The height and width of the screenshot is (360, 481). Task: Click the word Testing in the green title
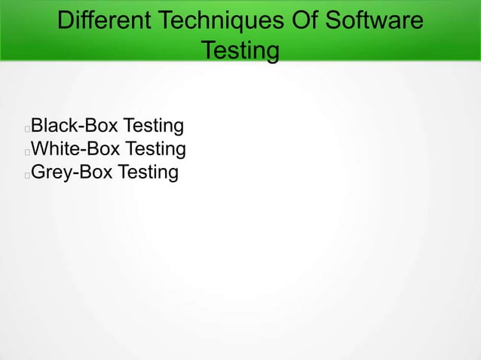(x=240, y=51)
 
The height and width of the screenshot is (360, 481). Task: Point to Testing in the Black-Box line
(x=154, y=125)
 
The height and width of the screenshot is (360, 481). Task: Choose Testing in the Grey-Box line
(x=148, y=173)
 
